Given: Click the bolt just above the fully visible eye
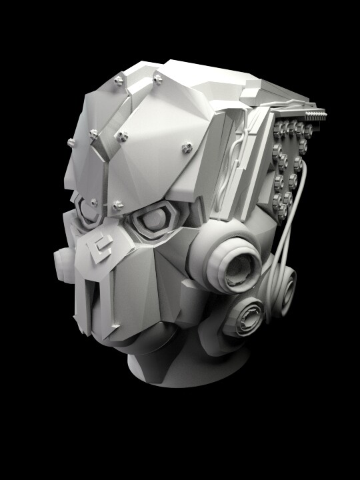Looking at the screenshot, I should [118, 205].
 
